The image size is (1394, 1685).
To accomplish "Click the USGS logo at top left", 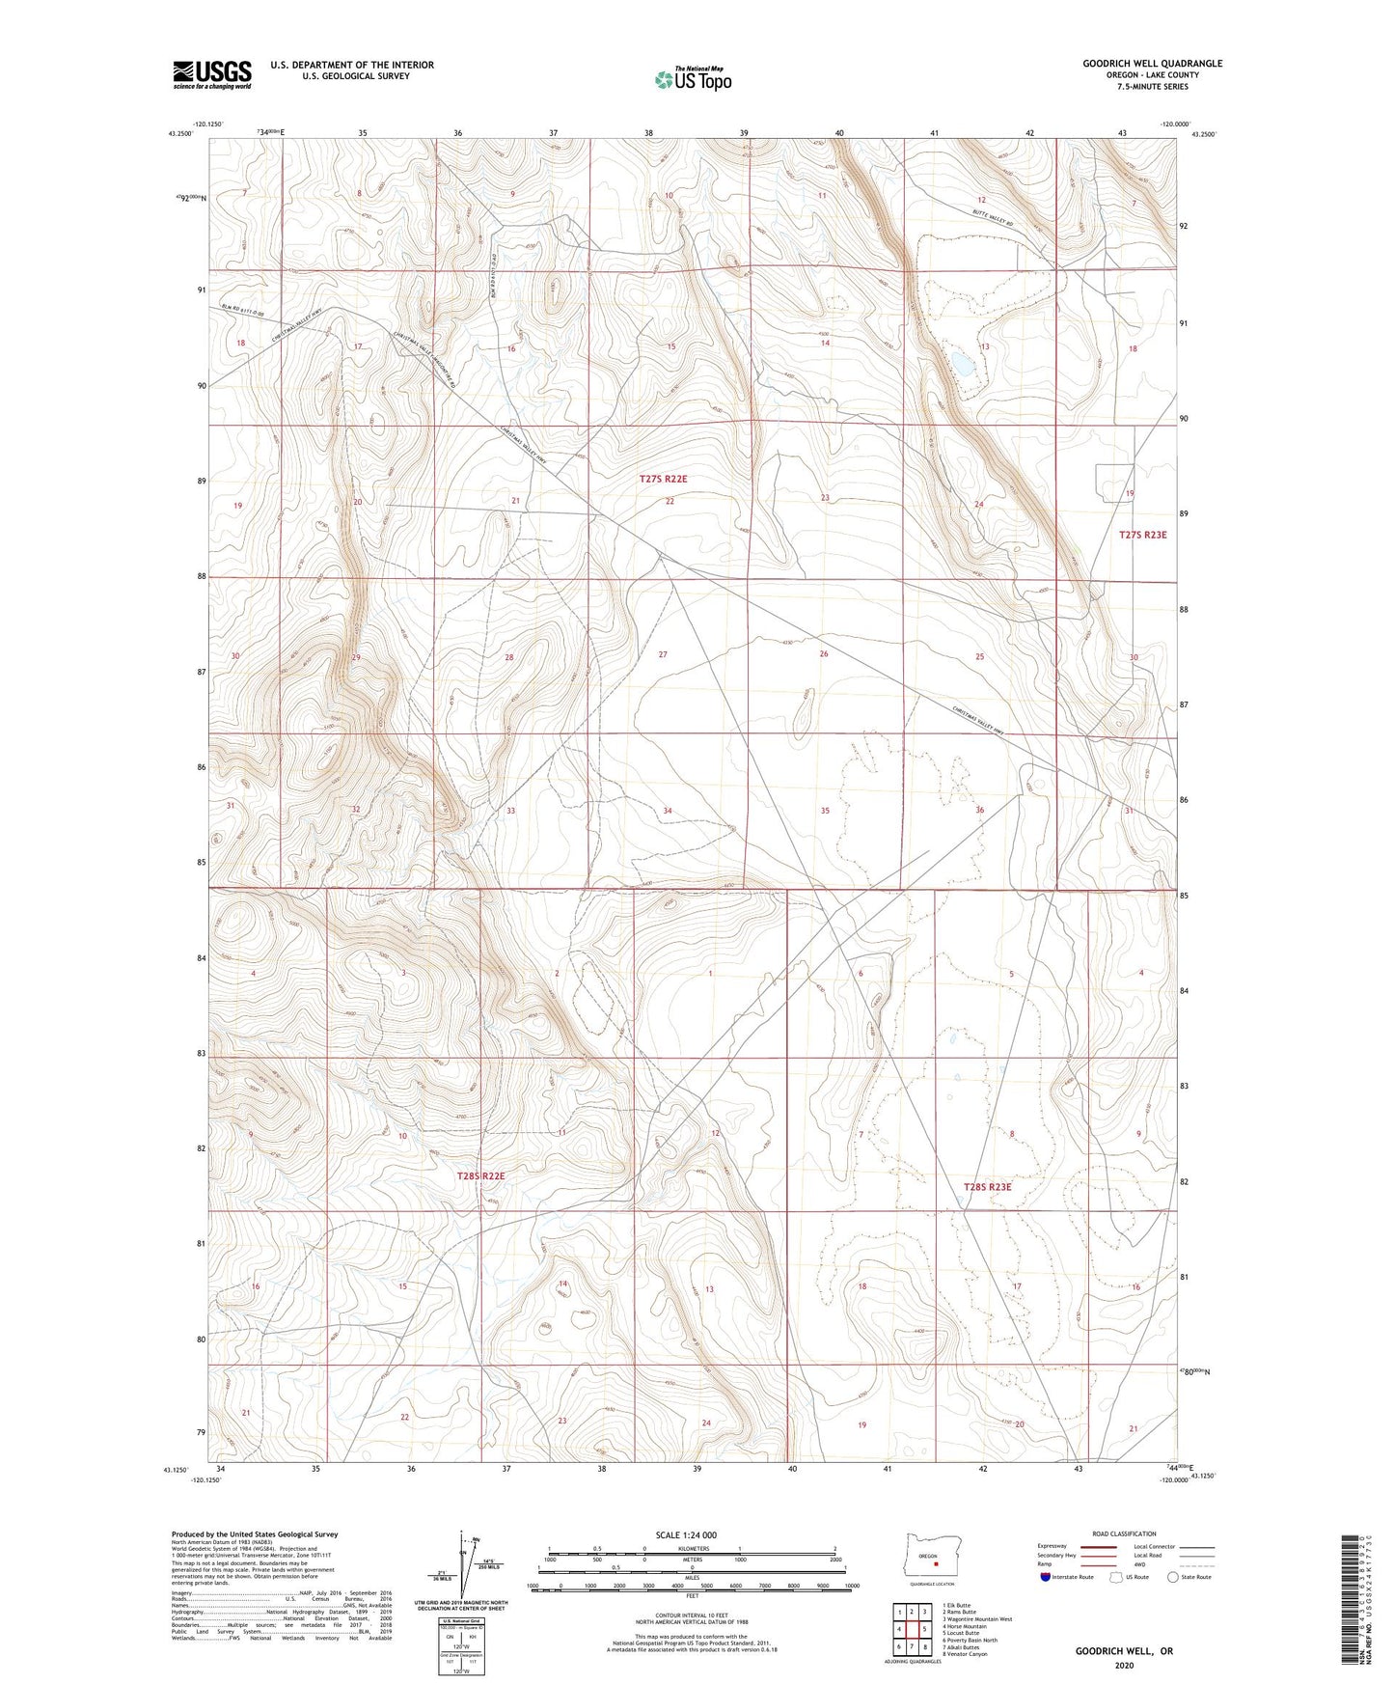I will tap(212, 73).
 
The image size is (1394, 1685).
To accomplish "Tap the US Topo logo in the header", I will tap(693, 80).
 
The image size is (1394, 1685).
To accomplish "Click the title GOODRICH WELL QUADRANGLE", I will tap(1152, 64).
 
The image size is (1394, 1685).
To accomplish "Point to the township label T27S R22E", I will tap(670, 479).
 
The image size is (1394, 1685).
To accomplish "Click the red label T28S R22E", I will tap(480, 1176).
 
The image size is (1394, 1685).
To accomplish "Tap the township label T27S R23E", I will tap(1142, 535).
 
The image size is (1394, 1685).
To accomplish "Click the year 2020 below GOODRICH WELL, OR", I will tap(1124, 1666).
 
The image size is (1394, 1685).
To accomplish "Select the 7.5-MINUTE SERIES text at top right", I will tap(1152, 87).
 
